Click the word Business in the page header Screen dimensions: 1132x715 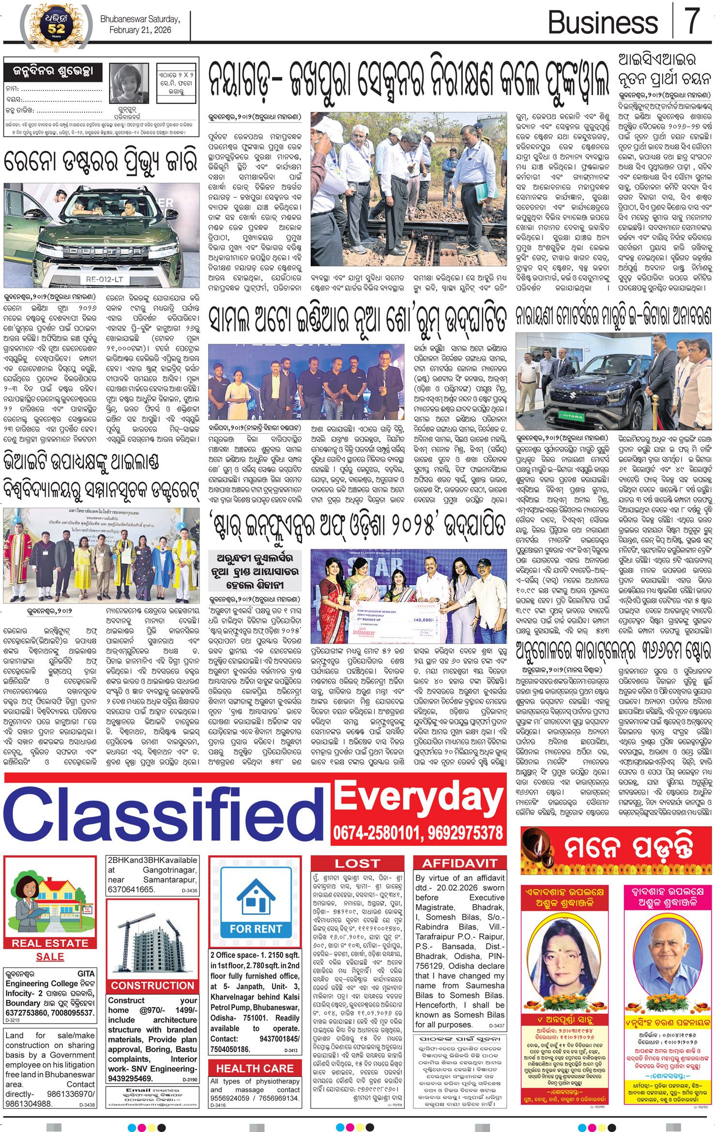(x=603, y=22)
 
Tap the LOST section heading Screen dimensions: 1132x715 (x=358, y=863)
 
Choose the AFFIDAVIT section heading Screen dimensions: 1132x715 (x=459, y=863)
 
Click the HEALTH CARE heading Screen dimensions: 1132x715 (x=255, y=1068)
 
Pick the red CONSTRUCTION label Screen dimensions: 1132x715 (x=152, y=985)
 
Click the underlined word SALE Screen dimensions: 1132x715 (x=50, y=957)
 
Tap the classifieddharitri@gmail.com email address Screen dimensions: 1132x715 (x=152, y=1104)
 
